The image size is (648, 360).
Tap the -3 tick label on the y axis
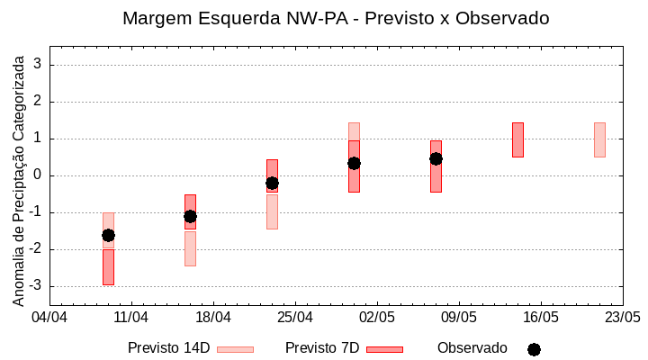tap(36, 286)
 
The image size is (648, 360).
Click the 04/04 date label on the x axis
tap(49, 318)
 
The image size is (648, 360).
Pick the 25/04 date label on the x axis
tap(295, 318)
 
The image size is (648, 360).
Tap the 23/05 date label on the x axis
tap(622, 318)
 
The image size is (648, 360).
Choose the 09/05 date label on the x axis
tap(459, 318)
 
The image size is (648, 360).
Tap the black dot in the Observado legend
tap(534, 349)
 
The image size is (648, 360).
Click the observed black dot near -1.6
tap(108, 235)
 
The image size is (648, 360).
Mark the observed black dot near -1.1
tap(190, 216)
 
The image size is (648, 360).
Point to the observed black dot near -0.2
tap(272, 183)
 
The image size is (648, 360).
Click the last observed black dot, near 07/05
tap(436, 158)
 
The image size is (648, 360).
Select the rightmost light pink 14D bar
tap(599, 139)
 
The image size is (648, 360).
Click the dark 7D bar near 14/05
tap(517, 139)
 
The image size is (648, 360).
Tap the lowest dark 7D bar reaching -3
tap(108, 267)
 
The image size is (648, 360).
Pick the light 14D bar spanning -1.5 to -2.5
tap(190, 248)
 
